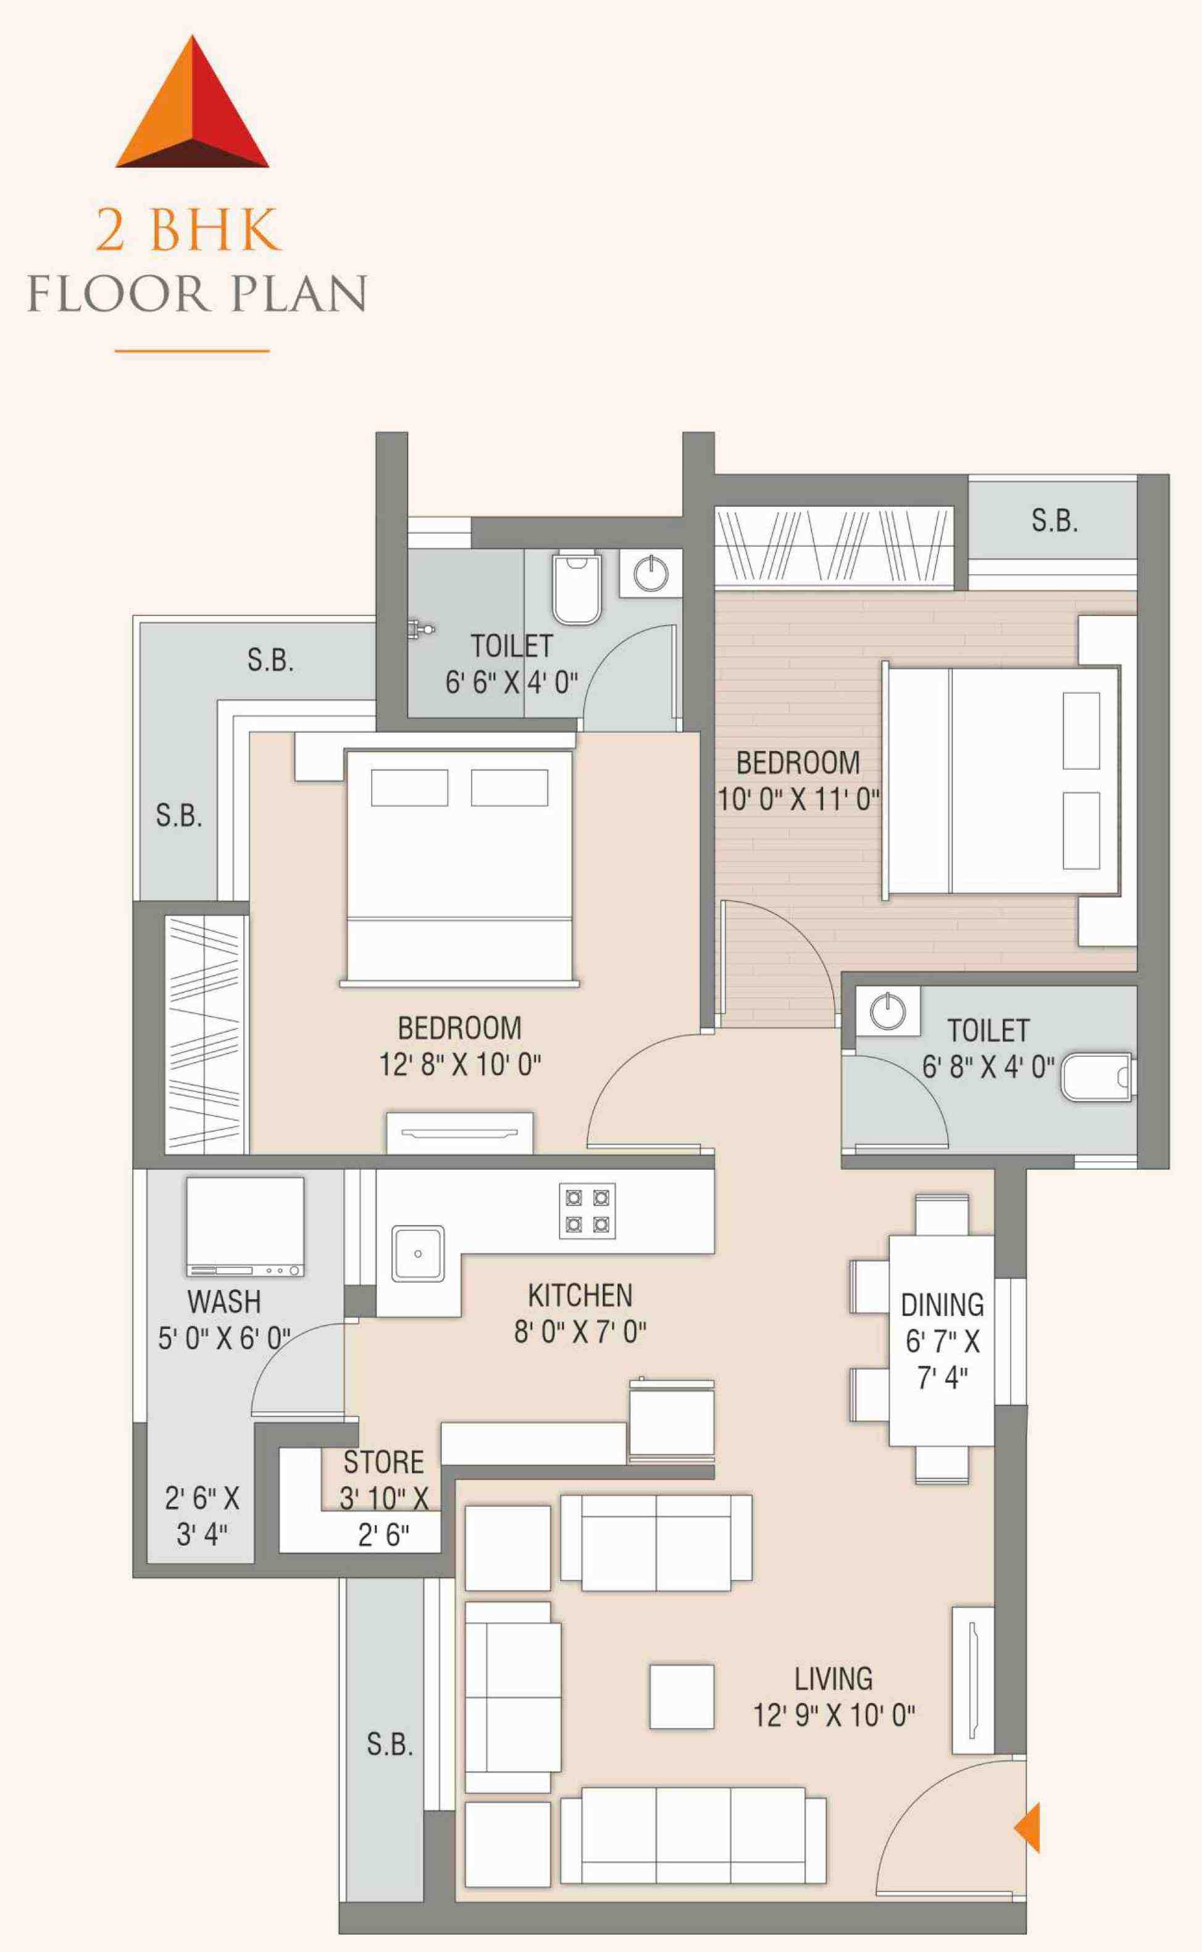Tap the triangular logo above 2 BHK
[193, 102]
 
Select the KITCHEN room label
[580, 1296]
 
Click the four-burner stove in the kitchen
[586, 1211]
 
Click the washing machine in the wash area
[245, 1227]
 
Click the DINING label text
[942, 1305]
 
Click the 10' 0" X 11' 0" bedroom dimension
[799, 799]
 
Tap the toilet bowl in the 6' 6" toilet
[577, 587]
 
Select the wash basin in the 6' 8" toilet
[888, 1011]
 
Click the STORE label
[383, 1462]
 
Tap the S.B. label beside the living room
[390, 1745]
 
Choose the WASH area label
[224, 1302]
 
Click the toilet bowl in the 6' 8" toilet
[1096, 1078]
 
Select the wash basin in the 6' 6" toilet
[652, 572]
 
